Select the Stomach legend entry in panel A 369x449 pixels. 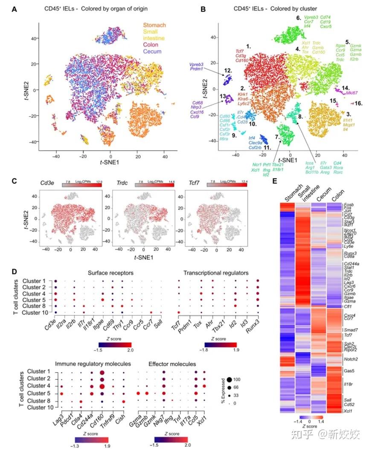click(x=154, y=26)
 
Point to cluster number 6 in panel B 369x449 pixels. click(x=299, y=18)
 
